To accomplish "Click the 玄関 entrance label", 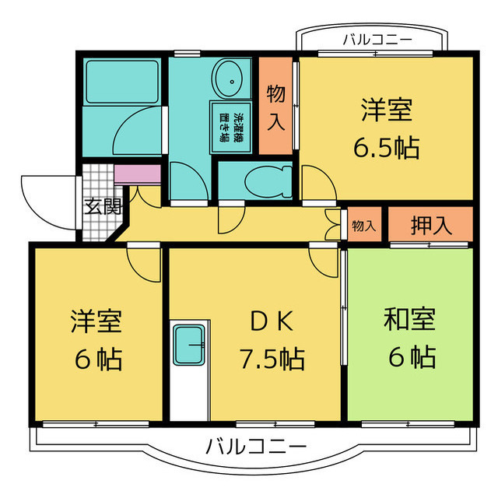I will coord(102,206).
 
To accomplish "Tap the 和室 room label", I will coord(409,319).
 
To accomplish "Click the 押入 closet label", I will coord(430,225).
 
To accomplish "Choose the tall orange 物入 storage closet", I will coord(275,106).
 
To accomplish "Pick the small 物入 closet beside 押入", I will coord(363,226).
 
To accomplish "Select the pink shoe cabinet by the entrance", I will coord(137,173).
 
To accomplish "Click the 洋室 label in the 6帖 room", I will coord(97,321).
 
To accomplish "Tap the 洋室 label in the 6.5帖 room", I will coord(386,110).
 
